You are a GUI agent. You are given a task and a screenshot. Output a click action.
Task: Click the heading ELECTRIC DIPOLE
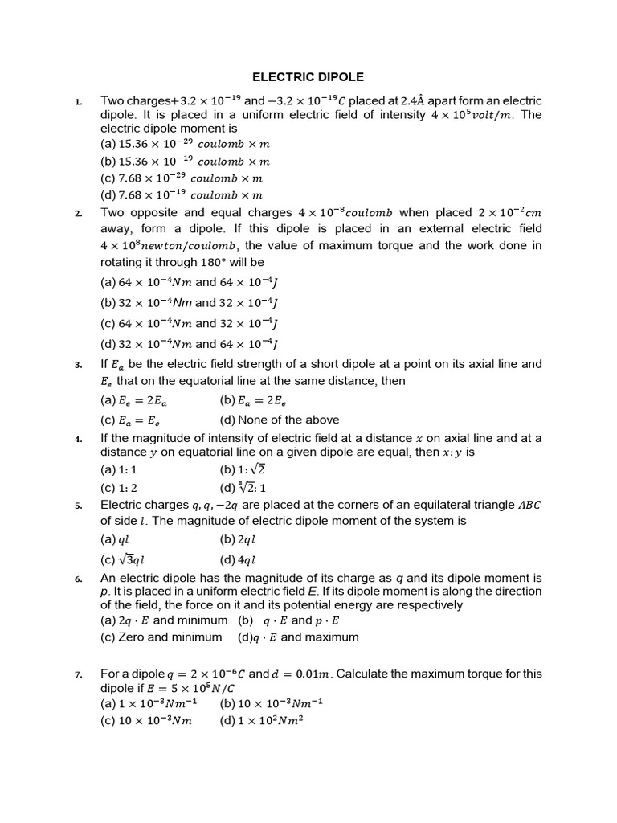pyautogui.click(x=308, y=77)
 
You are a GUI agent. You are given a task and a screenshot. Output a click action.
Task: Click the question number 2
pyautogui.click(x=78, y=214)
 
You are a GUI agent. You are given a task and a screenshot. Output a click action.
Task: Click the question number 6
pyautogui.click(x=78, y=579)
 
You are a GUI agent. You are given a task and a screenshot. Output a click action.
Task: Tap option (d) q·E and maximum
pyautogui.click(x=298, y=637)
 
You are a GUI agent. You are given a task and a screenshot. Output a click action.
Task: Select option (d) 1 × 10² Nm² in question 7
pyautogui.click(x=260, y=721)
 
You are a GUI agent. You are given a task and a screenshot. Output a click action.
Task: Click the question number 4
pyautogui.click(x=78, y=439)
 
